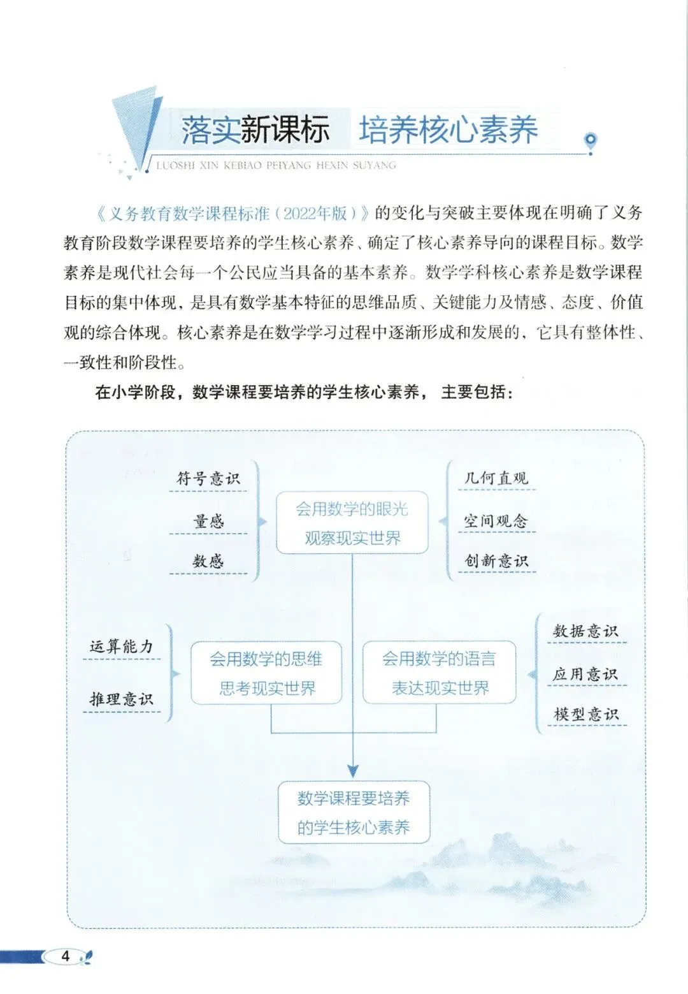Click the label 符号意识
(x=208, y=478)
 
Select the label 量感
(x=208, y=522)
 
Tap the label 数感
(x=208, y=561)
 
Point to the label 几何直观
(x=496, y=478)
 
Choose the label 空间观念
(x=496, y=521)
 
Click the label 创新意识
(x=496, y=561)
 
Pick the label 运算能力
(x=122, y=647)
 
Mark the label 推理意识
(x=122, y=699)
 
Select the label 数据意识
(x=585, y=631)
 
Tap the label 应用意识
(x=585, y=674)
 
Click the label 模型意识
(x=585, y=714)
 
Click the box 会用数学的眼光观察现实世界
(x=352, y=523)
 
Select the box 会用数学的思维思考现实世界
(x=266, y=673)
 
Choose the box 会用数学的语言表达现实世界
(x=439, y=673)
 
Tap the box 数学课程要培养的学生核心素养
(x=354, y=812)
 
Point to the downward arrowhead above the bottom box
(x=353, y=770)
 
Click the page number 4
(x=65, y=956)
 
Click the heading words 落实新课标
(x=255, y=130)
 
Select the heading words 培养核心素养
(x=448, y=130)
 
